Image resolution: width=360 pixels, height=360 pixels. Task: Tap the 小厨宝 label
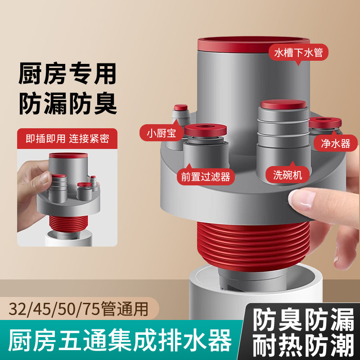[161, 133]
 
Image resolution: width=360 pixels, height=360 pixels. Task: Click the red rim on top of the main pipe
[252, 45]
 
